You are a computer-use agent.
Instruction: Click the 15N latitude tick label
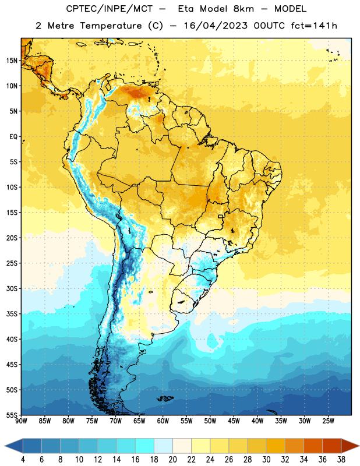[x=12, y=61]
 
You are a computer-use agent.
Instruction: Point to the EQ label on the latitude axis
[x=13, y=137]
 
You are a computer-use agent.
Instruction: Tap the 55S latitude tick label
[x=12, y=415]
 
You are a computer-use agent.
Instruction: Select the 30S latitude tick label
[x=12, y=288]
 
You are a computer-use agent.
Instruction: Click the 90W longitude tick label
[x=21, y=421]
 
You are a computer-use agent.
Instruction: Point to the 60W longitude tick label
[x=163, y=421]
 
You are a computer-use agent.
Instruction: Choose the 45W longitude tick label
[x=234, y=421]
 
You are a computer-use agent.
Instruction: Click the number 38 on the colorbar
[x=341, y=460]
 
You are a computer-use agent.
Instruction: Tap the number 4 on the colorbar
[x=23, y=460]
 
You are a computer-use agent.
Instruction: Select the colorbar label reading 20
[x=172, y=460]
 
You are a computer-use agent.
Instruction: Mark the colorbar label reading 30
[x=266, y=460]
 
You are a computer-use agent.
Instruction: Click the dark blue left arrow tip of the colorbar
[x=5, y=446]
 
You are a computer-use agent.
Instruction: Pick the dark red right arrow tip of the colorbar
[x=358, y=446]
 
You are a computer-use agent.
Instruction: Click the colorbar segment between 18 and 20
[x=164, y=446]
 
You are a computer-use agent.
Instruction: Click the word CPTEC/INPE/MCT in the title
[x=109, y=9]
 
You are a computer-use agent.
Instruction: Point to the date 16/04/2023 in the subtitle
[x=216, y=26]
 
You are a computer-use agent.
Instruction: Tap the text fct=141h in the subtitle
[x=314, y=26]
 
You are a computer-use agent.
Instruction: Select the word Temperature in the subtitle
[x=111, y=26]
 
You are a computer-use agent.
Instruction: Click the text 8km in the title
[x=243, y=9]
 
